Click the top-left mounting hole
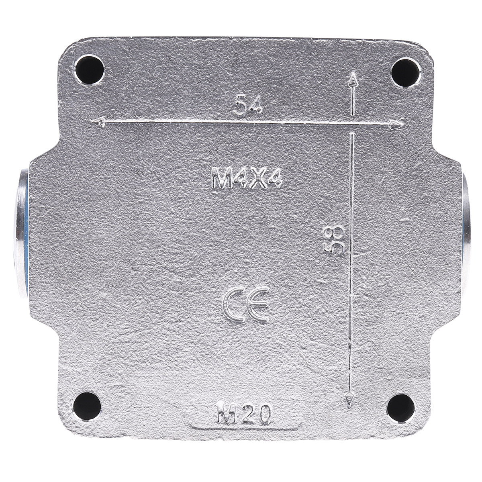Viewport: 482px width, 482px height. [90, 69]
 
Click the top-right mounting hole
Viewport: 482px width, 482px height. [406, 72]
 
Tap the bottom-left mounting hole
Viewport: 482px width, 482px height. [87, 407]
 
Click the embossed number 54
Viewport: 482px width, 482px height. [248, 104]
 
